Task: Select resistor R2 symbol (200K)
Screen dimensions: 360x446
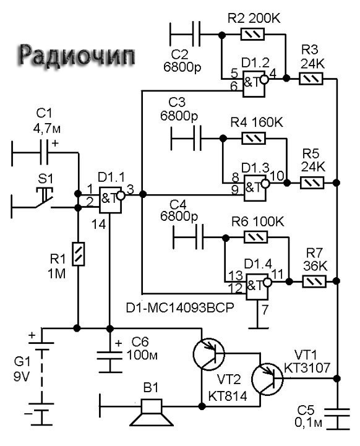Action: pyautogui.click(x=252, y=35)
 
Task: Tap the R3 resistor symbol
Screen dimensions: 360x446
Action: pyautogui.click(x=311, y=79)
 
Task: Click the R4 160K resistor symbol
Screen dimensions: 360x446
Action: pyautogui.click(x=254, y=138)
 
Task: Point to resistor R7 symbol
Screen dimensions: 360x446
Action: pyautogui.click(x=314, y=281)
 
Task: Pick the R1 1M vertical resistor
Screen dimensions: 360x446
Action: pyautogui.click(x=78, y=254)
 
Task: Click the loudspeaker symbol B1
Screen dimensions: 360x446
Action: pyautogui.click(x=152, y=413)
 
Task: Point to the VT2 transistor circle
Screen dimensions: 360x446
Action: pyautogui.click(x=208, y=354)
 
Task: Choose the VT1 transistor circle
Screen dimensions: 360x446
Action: pyautogui.click(x=267, y=379)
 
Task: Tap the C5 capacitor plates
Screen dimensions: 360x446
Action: pyautogui.click(x=337, y=413)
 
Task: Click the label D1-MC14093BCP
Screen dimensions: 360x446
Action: pyautogui.click(x=180, y=307)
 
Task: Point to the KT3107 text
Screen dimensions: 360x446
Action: pyautogui.click(x=307, y=368)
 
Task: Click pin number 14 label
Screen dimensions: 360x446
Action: pyautogui.click(x=99, y=225)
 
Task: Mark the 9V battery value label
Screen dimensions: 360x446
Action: pyautogui.click(x=22, y=377)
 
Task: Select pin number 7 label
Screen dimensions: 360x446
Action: pyautogui.click(x=265, y=309)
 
